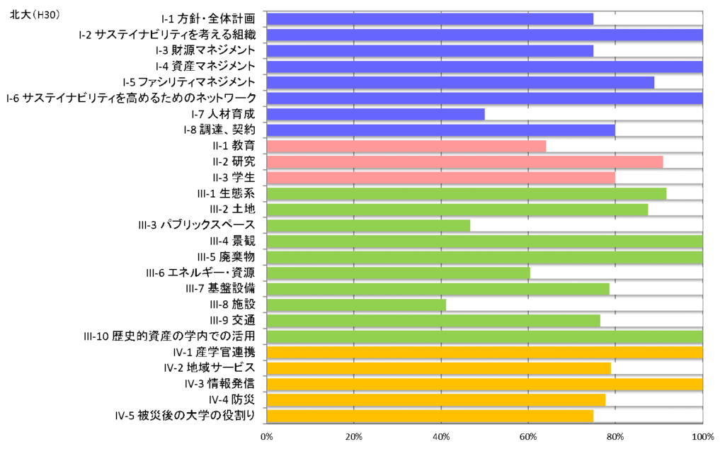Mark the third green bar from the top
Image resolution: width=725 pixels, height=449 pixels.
tap(368, 225)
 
